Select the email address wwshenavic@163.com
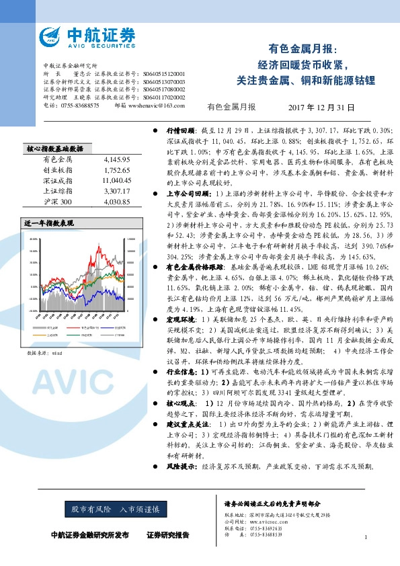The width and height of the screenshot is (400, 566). (156, 106)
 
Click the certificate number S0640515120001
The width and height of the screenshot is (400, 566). (165, 73)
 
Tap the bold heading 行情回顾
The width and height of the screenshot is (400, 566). (179, 129)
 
